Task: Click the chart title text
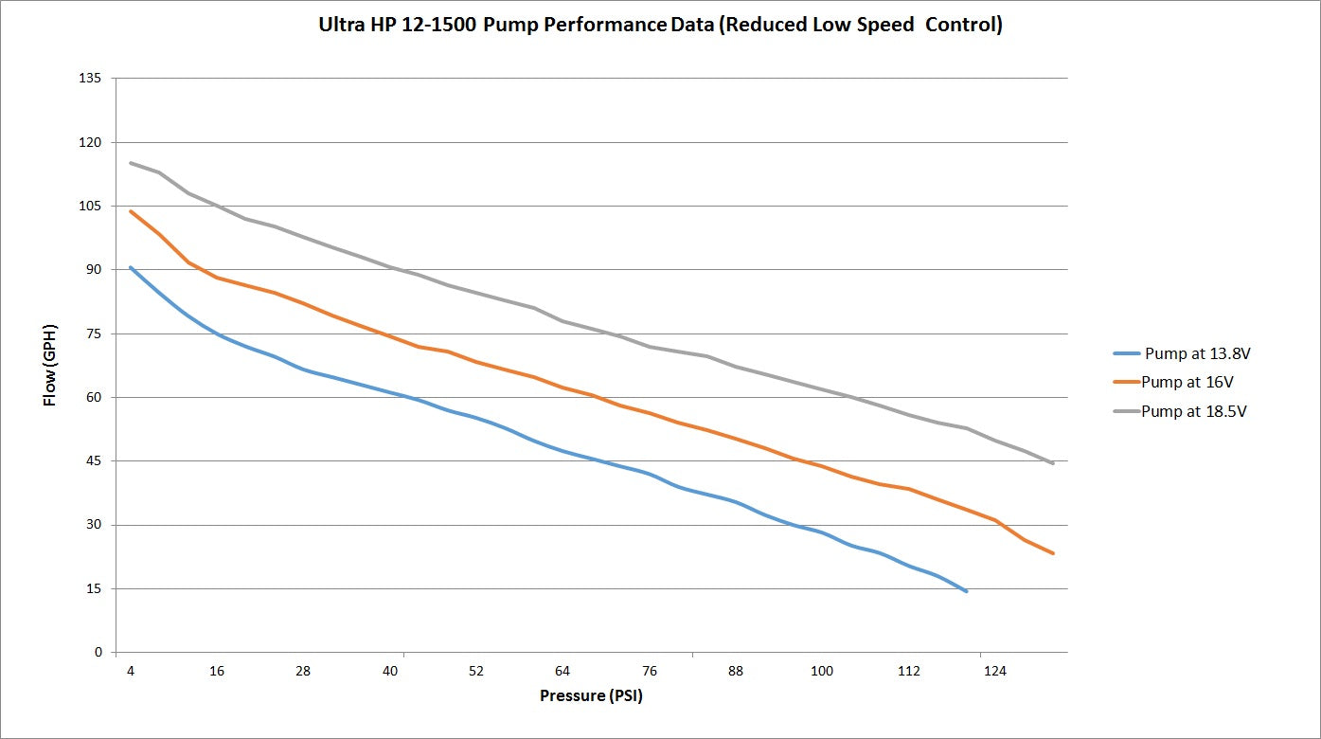pyautogui.click(x=660, y=26)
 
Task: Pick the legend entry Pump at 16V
pyautogui.click(x=1187, y=382)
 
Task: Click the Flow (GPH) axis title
pyautogui.click(x=50, y=364)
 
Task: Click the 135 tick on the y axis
pyautogui.click(x=92, y=79)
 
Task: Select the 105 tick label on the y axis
pyautogui.click(x=92, y=207)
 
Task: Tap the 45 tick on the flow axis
pyautogui.click(x=95, y=461)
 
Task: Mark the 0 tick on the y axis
pyautogui.click(x=98, y=653)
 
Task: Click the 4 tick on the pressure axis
pyautogui.click(x=131, y=671)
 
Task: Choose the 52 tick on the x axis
pyautogui.click(x=476, y=671)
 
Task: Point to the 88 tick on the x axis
pyautogui.click(x=736, y=671)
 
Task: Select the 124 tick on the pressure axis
pyautogui.click(x=995, y=671)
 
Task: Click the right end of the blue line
pyautogui.click(x=966, y=591)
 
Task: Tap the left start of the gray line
pyautogui.click(x=131, y=163)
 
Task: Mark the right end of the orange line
pyautogui.click(x=1053, y=553)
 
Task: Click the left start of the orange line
pyautogui.click(x=131, y=211)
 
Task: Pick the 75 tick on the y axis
pyautogui.click(x=95, y=333)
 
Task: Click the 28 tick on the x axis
pyautogui.click(x=303, y=671)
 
